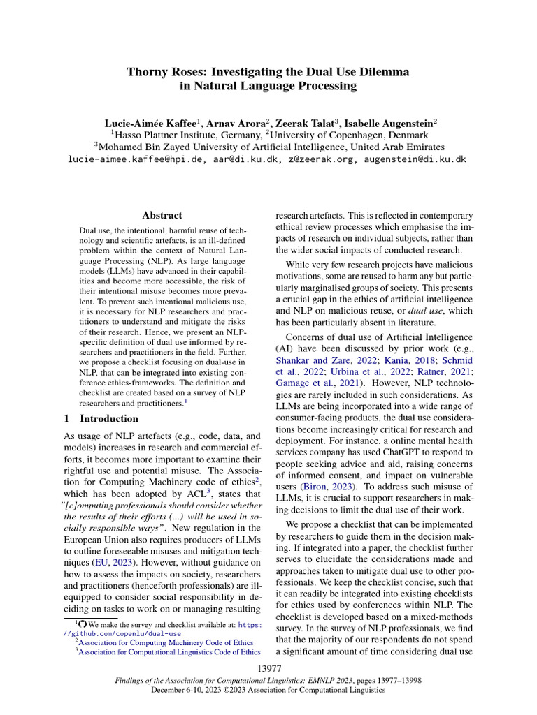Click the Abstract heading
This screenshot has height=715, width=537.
pyautogui.click(x=162, y=216)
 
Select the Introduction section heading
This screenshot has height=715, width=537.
pyautogui.click(x=109, y=419)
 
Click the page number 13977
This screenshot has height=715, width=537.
pyautogui.click(x=268, y=670)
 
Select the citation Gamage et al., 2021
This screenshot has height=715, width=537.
pyautogui.click(x=318, y=383)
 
